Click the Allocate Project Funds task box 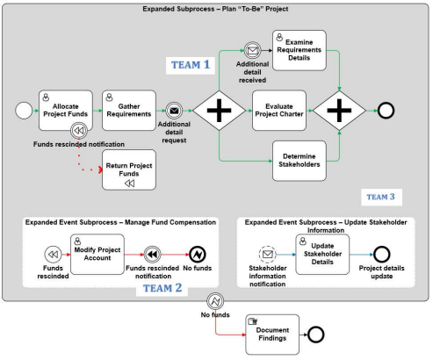tap(66, 111)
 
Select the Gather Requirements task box tap(129, 111)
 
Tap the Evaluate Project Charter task tap(279, 111)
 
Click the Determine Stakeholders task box tap(299, 161)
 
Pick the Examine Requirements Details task tap(299, 50)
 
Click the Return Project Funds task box tap(129, 169)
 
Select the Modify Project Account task tap(97, 255)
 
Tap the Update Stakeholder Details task tap(322, 255)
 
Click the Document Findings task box tap(272, 335)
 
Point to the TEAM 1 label tap(191, 65)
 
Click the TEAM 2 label tap(162, 288)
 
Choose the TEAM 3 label tap(381, 197)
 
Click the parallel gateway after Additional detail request tap(220, 111)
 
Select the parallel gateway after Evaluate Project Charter tap(339, 111)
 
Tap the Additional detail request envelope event tap(174, 111)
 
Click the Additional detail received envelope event tap(252, 50)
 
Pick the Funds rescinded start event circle tap(53, 255)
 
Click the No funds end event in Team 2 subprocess tap(198, 255)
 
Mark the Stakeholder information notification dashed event tap(267, 255)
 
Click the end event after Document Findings tap(315, 335)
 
